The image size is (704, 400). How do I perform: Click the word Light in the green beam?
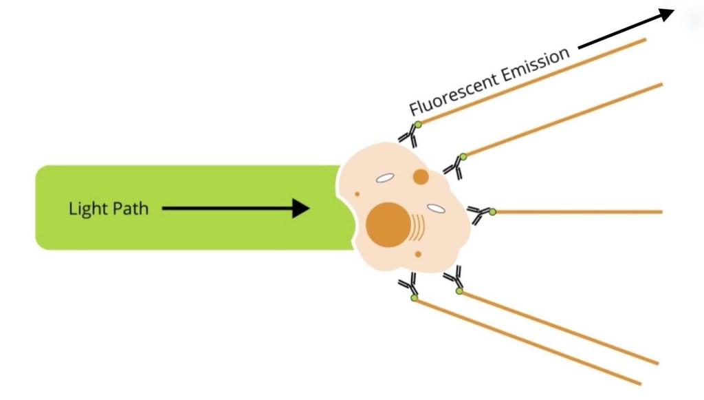[87, 208]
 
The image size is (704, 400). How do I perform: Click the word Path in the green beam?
[130, 208]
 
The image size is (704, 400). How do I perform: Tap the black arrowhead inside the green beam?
[300, 208]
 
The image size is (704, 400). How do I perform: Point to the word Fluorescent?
[451, 92]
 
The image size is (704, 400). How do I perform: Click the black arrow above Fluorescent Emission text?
[626, 30]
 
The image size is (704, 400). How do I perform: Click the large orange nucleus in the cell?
[388, 224]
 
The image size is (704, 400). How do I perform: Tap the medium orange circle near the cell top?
[421, 177]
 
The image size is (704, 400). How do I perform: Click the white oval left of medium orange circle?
[384, 178]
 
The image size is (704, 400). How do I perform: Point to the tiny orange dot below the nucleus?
[418, 254]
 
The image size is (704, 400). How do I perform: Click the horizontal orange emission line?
[577, 212]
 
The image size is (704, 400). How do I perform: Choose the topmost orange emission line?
[536, 80]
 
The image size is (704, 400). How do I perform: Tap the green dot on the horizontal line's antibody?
[492, 212]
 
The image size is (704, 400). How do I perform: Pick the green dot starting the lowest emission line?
[415, 297]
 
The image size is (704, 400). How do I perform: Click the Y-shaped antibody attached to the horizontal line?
[480, 214]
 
